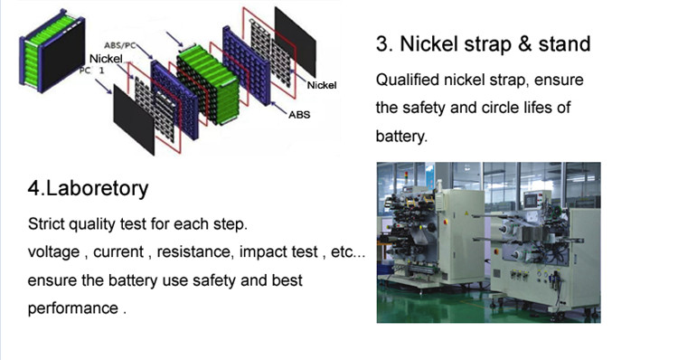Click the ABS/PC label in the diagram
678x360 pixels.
(119, 45)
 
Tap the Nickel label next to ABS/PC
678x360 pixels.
(106, 59)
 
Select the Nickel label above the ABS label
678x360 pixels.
(321, 85)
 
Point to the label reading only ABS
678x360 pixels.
(299, 115)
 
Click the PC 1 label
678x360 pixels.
(91, 70)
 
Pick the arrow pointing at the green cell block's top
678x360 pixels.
(174, 39)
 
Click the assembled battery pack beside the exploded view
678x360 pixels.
(52, 50)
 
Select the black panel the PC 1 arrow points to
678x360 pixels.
(134, 119)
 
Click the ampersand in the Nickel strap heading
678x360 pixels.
(523, 43)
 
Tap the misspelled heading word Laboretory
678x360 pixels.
(97, 189)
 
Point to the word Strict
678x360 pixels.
(46, 224)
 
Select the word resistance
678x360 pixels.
(195, 251)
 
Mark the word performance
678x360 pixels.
(72, 308)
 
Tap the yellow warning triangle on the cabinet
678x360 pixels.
(466, 213)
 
